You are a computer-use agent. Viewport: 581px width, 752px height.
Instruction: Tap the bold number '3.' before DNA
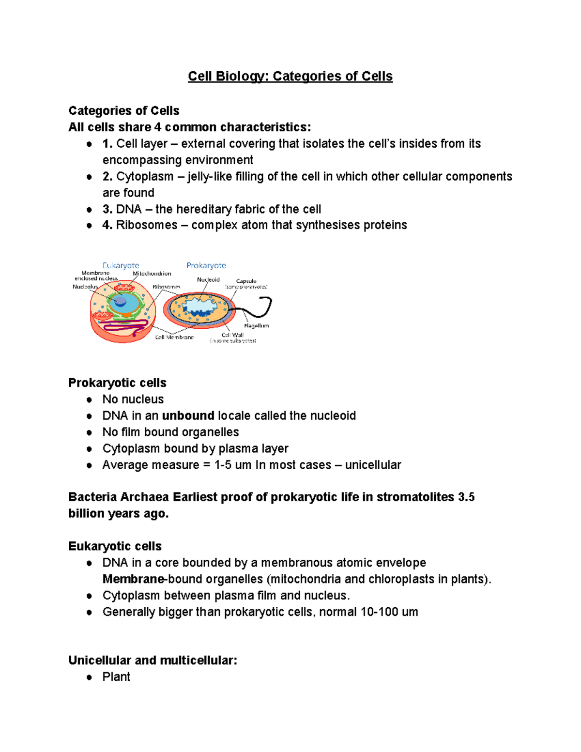107,209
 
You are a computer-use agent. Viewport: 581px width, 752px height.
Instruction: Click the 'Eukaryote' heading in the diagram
121,265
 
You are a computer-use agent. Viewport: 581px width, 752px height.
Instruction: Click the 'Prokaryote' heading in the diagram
206,265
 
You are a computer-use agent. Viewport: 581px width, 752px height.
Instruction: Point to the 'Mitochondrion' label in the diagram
152,274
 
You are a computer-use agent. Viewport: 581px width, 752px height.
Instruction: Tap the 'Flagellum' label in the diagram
256,326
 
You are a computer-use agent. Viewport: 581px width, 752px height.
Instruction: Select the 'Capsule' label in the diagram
246,281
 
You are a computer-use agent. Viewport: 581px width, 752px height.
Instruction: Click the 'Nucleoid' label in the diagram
208,279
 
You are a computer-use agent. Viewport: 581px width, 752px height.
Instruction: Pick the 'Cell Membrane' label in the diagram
174,337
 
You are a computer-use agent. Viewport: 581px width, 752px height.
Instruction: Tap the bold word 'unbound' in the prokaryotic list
188,416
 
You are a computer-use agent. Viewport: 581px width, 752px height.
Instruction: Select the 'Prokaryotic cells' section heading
117,383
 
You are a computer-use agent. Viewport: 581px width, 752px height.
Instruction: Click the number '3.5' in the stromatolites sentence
466,497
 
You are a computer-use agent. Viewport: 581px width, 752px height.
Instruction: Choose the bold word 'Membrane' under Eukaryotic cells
133,580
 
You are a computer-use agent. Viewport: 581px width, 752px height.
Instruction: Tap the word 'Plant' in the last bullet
116,677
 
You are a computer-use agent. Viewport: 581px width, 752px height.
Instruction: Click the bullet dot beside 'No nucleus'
89,400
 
